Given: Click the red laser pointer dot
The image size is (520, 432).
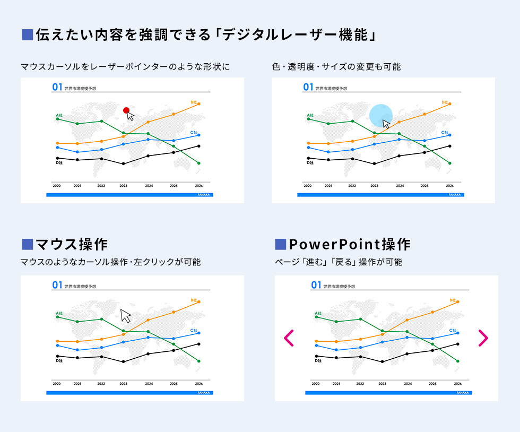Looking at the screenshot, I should (126, 110).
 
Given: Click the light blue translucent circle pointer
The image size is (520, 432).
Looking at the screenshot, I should (380, 115).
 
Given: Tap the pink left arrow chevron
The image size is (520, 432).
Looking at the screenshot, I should (289, 338).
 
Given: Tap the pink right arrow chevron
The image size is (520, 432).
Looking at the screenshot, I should (483, 338).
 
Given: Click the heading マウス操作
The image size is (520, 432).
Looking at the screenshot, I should (71, 244).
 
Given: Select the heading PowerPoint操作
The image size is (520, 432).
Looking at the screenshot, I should (350, 244).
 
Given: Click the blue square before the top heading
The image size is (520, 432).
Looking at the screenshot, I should (27, 36).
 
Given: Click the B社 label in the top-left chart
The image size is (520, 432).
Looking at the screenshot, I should (194, 101).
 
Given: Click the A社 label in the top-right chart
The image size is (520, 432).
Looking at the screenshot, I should (310, 115).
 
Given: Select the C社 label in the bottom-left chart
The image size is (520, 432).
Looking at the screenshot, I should (194, 330).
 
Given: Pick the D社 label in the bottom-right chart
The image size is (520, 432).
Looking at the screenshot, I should (318, 361).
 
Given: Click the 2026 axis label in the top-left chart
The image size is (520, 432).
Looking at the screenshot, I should (198, 186).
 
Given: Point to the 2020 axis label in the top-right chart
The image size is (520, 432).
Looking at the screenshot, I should (308, 186).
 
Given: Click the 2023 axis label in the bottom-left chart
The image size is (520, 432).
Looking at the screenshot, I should (123, 384).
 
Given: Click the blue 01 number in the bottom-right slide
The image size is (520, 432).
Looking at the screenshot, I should (316, 286).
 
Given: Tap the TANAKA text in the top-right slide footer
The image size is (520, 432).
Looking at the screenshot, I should (455, 195).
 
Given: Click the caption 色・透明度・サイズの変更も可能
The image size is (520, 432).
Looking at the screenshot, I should (336, 67).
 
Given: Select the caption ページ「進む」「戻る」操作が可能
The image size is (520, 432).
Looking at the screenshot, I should (338, 262).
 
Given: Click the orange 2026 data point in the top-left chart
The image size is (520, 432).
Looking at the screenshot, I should (199, 104).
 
